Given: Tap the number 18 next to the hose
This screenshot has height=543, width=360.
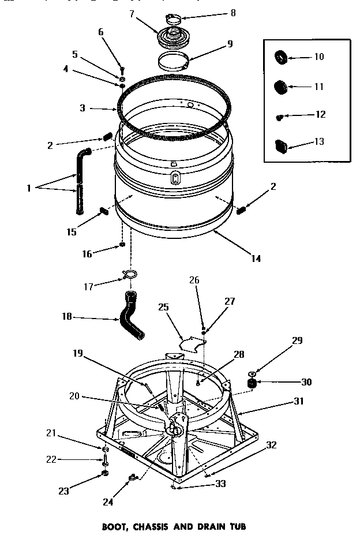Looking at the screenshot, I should click(67, 316).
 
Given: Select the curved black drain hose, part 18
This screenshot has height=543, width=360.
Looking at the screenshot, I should click(131, 316).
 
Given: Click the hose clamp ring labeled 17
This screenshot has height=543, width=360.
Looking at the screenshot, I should click(130, 273).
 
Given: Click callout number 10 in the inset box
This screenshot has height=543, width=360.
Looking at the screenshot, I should click(318, 57).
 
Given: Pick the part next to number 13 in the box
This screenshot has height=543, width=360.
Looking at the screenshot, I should click(282, 144).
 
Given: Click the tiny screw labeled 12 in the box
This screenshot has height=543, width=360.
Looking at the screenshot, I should click(280, 117).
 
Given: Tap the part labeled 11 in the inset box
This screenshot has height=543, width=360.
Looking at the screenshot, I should click(281, 87).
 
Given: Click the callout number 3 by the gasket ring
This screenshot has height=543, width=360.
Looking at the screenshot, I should click(83, 107).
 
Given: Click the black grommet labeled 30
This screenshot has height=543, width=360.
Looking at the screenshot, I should click(252, 383).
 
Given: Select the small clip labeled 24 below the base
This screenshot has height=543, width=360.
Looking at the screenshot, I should click(132, 477).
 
